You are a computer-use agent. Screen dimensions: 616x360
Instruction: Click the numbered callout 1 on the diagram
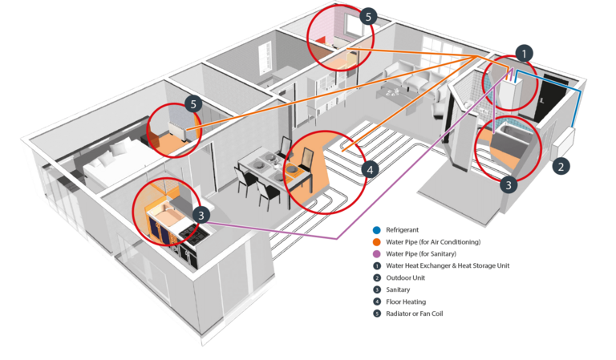[524, 54]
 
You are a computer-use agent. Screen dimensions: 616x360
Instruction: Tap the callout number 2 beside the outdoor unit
[561, 167]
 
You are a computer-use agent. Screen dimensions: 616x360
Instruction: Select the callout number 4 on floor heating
[370, 170]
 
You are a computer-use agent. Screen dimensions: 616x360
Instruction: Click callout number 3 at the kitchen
[201, 215]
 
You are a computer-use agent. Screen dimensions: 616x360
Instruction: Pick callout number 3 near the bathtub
[509, 184]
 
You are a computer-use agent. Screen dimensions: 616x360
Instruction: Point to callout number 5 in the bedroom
[193, 104]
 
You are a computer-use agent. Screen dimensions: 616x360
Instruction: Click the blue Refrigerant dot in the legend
[377, 230]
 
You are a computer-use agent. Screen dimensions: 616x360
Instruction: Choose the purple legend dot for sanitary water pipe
[377, 254]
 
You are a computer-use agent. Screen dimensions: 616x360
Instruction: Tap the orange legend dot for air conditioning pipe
[377, 242]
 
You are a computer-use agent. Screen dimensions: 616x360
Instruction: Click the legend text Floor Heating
[406, 301]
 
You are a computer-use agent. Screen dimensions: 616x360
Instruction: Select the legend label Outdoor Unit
[405, 277]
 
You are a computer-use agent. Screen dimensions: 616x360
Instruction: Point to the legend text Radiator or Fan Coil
[415, 313]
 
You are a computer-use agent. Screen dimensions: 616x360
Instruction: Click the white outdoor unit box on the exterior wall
[565, 141]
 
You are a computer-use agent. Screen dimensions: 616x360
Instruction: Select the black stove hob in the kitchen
[195, 234]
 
